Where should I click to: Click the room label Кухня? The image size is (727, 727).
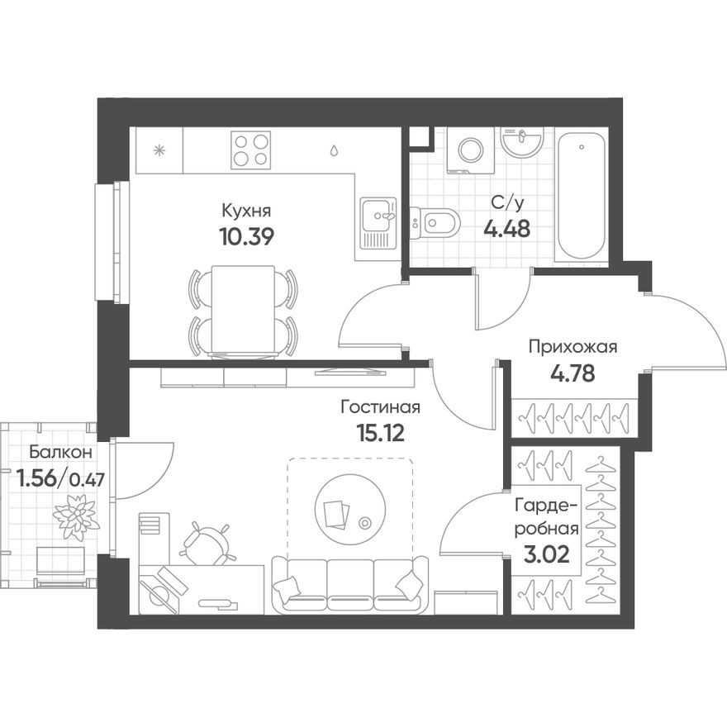(246, 211)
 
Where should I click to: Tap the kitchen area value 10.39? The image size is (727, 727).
(246, 235)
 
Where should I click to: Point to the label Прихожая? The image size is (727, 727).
(573, 347)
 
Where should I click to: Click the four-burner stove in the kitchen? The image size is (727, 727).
(251, 150)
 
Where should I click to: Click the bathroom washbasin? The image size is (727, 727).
(520, 145)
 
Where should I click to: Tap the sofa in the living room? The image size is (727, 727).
(351, 584)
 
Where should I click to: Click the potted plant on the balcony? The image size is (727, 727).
(76, 516)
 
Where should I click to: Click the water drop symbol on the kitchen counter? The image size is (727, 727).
(334, 151)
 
